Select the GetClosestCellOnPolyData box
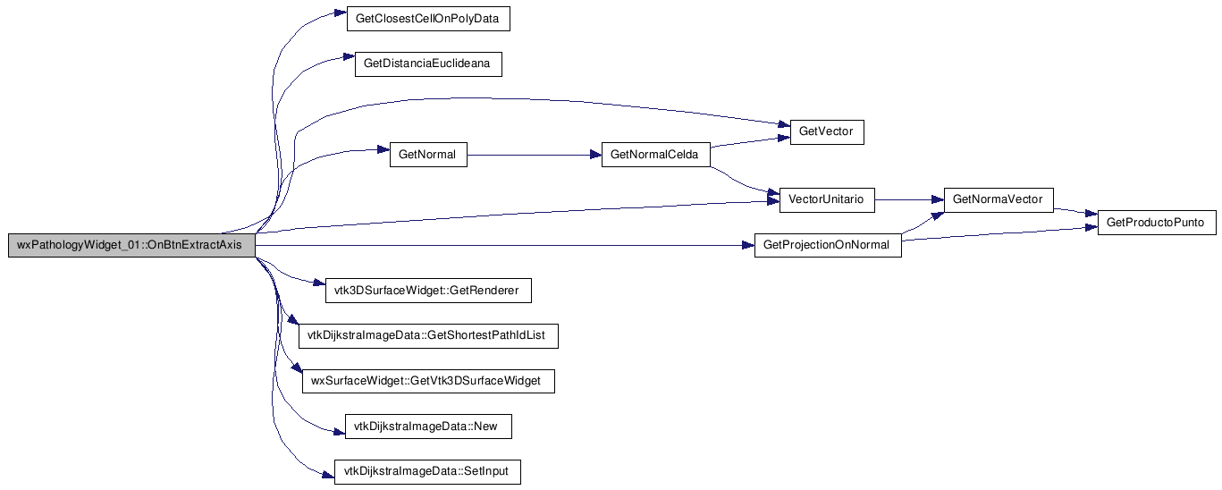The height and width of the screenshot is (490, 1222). (x=428, y=19)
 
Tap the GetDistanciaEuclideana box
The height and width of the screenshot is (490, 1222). (x=428, y=63)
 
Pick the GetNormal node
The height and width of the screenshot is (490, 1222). (x=428, y=155)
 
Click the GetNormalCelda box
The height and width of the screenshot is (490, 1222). (x=656, y=155)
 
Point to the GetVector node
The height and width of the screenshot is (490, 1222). (x=827, y=132)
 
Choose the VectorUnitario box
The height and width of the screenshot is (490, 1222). (x=827, y=200)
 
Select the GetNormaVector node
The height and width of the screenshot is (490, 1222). (x=999, y=200)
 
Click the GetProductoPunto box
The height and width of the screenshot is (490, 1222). (x=1157, y=223)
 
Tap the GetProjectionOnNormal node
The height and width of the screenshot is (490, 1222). (x=828, y=246)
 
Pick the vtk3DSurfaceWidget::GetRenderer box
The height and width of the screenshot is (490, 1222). (x=428, y=291)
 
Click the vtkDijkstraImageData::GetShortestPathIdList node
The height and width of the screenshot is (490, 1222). (x=428, y=336)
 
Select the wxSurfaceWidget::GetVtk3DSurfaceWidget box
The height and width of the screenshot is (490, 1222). (x=428, y=382)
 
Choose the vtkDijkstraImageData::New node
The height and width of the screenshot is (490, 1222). (x=428, y=427)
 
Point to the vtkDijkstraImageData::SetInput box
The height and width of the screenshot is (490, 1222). (x=427, y=472)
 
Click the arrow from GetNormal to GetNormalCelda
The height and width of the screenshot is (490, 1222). (x=534, y=155)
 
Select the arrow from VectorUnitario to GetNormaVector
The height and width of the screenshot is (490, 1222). (x=909, y=200)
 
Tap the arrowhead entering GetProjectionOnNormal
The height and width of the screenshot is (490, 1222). (x=748, y=246)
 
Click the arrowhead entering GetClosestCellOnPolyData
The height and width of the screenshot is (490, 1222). (x=341, y=12)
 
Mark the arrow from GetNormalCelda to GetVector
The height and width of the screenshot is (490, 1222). (x=750, y=142)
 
